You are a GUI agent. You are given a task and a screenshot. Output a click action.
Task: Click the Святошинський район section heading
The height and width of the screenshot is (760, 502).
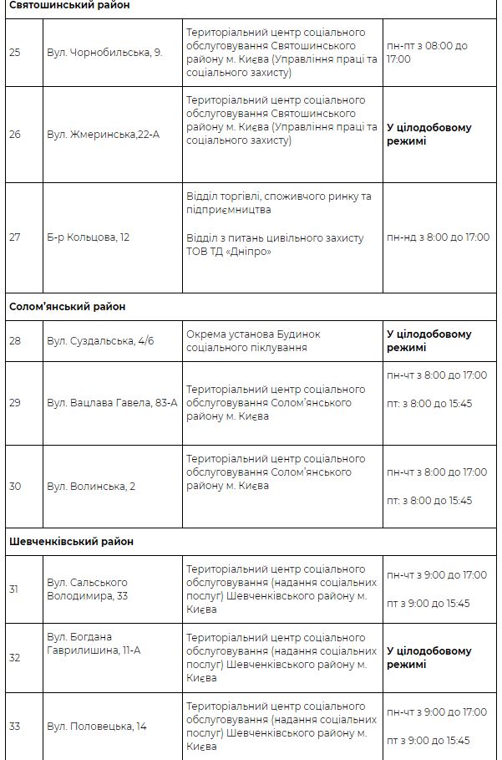[69, 6]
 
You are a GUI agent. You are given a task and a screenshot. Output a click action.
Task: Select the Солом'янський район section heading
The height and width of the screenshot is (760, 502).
[68, 307]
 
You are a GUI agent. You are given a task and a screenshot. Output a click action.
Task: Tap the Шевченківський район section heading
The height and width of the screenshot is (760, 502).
[71, 542]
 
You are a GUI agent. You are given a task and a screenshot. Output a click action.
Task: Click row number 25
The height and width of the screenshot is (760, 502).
[15, 52]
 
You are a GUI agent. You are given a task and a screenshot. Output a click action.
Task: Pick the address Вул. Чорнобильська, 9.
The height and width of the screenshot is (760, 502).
[104, 52]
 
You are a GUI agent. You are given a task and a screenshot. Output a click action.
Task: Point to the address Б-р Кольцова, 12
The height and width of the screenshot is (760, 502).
[89, 237]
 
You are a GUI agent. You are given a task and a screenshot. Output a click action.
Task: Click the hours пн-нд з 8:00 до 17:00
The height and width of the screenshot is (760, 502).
[438, 237]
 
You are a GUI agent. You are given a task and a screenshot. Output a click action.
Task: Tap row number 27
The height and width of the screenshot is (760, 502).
[15, 237]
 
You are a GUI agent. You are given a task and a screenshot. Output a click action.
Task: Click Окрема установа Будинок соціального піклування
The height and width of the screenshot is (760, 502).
[253, 341]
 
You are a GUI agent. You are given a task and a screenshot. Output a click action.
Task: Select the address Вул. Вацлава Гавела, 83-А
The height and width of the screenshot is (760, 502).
[112, 403]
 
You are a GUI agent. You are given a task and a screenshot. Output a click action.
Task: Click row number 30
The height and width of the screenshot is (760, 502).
[15, 487]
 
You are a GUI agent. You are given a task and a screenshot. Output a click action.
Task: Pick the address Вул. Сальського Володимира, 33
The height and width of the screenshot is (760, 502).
[88, 589]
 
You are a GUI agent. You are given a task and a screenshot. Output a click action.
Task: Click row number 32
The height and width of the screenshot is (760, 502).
[15, 658]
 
